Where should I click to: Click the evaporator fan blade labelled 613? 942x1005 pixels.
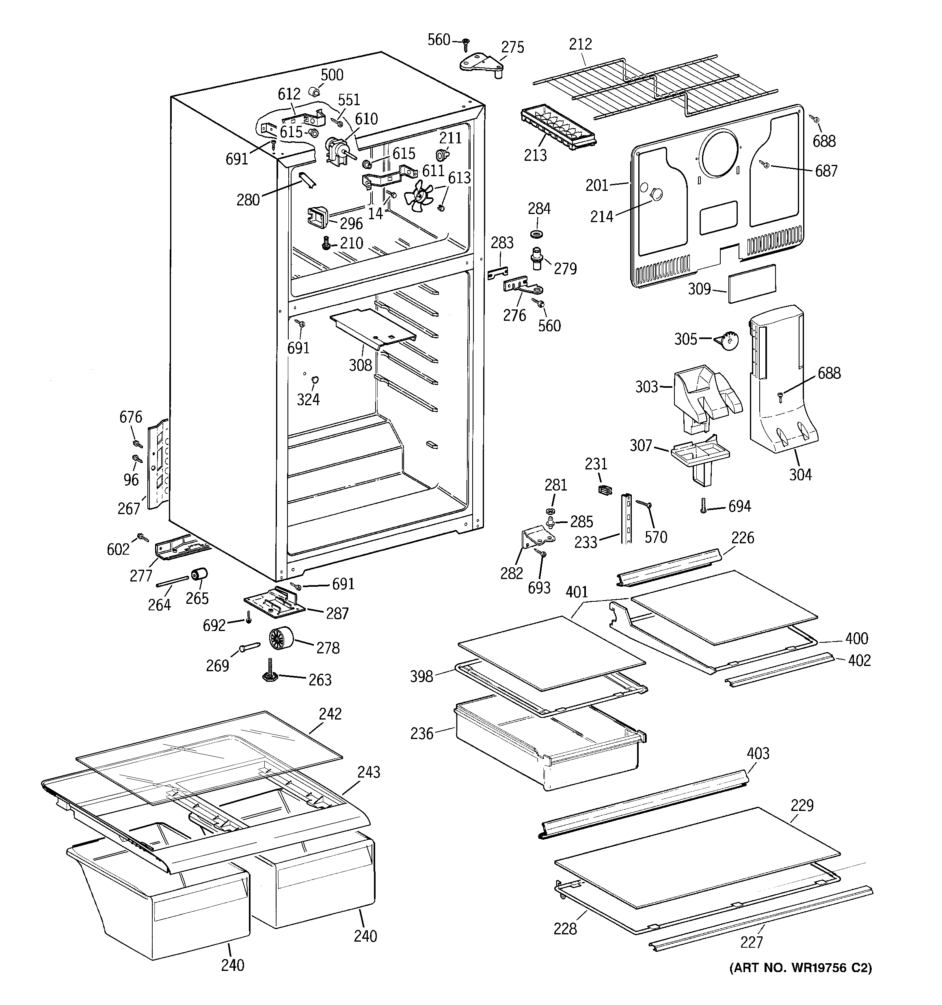coord(418,197)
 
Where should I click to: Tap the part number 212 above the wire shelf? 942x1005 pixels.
coord(580,45)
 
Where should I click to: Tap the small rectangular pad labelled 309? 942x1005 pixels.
coord(752,283)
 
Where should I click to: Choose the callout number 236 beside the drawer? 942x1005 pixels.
coord(422,733)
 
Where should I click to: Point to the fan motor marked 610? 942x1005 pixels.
coord(335,150)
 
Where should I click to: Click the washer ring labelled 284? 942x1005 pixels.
coord(537,234)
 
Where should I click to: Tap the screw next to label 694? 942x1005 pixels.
coord(703,506)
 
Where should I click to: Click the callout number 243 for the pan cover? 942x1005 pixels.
coord(369,772)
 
